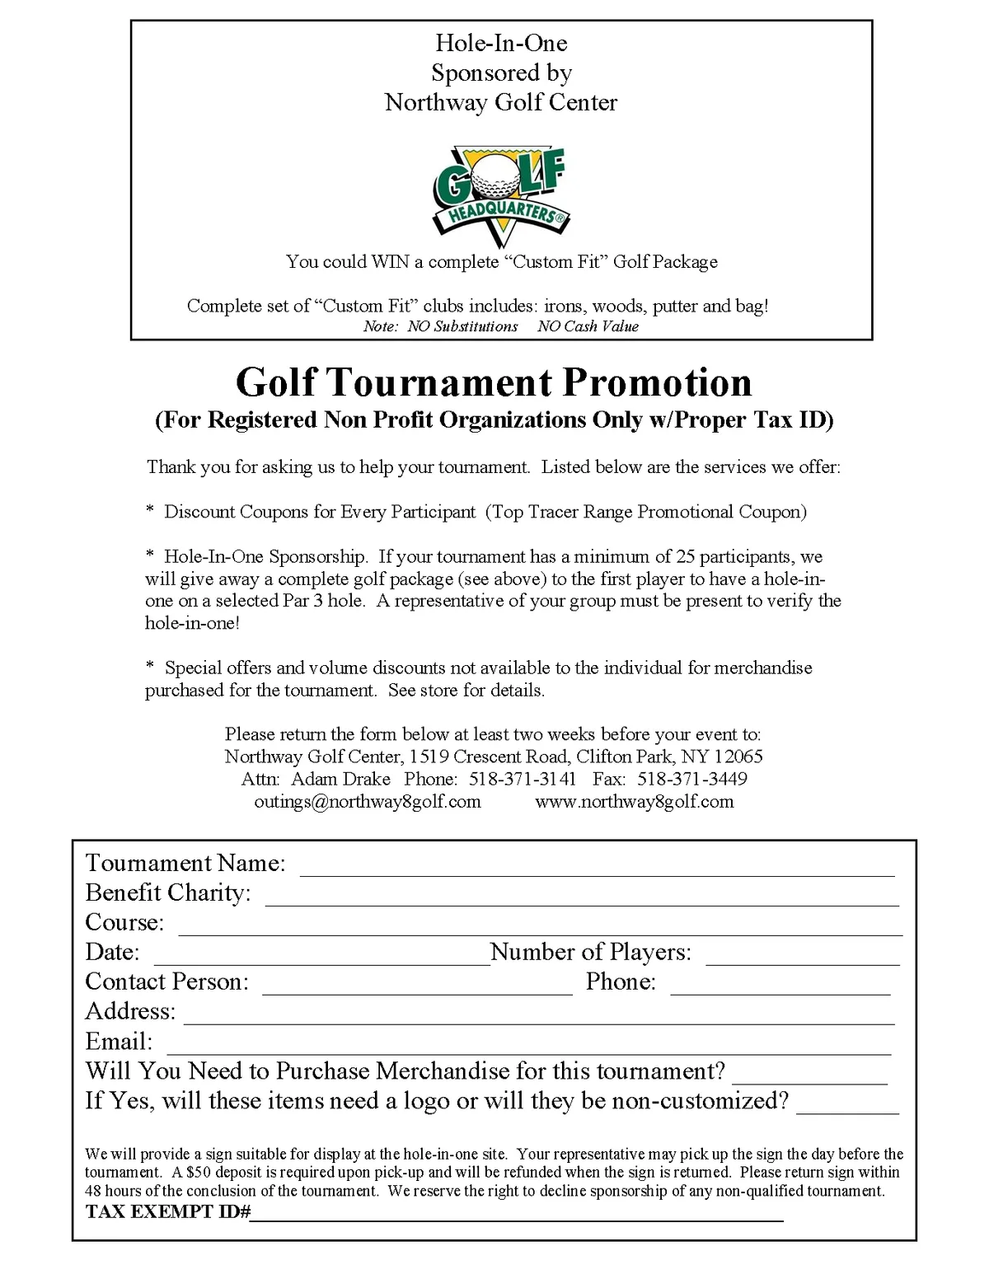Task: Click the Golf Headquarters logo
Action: tap(501, 196)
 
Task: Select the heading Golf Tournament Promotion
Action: tap(494, 382)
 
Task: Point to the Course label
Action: tap(124, 922)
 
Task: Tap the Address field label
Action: tap(130, 1011)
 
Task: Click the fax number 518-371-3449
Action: tap(692, 779)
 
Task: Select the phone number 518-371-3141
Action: tap(523, 779)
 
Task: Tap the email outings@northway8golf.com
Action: tap(368, 801)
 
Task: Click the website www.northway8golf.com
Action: tap(634, 801)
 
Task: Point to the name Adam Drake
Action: tap(340, 779)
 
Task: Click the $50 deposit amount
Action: tap(200, 1172)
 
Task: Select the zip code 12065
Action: tap(738, 757)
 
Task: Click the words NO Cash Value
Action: tap(588, 326)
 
